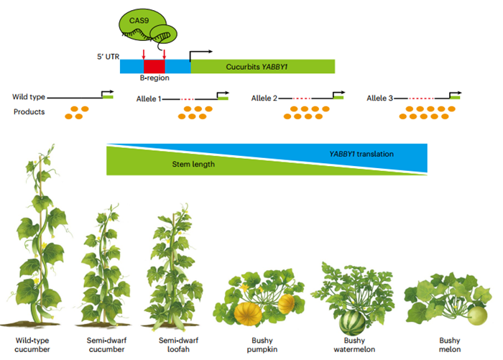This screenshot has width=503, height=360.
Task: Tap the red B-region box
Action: click(154, 66)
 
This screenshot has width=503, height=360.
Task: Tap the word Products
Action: click(29, 111)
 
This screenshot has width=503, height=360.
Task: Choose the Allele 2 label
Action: click(264, 97)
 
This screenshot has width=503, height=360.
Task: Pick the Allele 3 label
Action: click(379, 97)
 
